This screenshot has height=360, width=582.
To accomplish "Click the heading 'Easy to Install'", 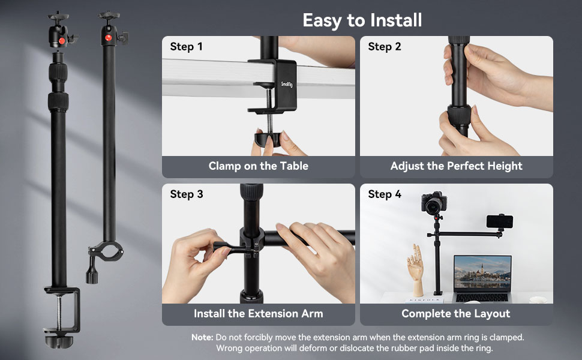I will pyautogui.click(x=362, y=20).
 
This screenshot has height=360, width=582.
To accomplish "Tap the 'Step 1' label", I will pyautogui.click(x=187, y=47).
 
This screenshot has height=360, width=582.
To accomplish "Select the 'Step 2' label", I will pyautogui.click(x=385, y=47).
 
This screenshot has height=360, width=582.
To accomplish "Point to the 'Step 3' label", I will pyautogui.click(x=187, y=194).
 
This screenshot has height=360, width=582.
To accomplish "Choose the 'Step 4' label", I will pyautogui.click(x=385, y=194).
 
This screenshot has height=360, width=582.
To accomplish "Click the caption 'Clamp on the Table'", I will pyautogui.click(x=258, y=166).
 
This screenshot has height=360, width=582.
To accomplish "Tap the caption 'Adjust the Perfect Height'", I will pyautogui.click(x=456, y=166).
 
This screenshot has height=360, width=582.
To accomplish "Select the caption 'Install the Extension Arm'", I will pyautogui.click(x=258, y=313).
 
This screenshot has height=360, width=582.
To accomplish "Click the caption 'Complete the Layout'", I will pyautogui.click(x=456, y=313).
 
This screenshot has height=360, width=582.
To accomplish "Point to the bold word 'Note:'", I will pyautogui.click(x=202, y=337).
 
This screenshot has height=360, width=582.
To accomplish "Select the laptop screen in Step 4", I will pyautogui.click(x=482, y=272).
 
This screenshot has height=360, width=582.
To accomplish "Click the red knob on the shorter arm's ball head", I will pyautogui.click(x=108, y=38).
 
